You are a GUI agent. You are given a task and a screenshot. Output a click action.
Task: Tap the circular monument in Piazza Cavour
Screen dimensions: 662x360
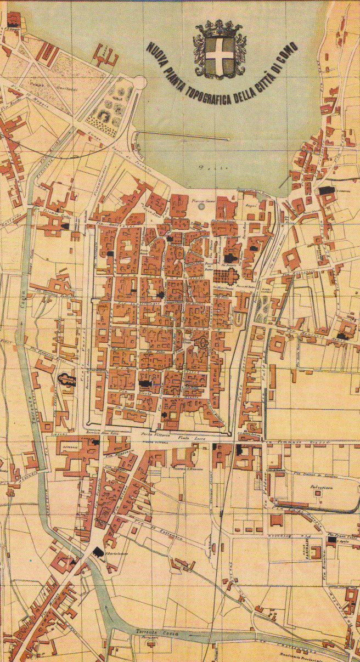200,207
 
